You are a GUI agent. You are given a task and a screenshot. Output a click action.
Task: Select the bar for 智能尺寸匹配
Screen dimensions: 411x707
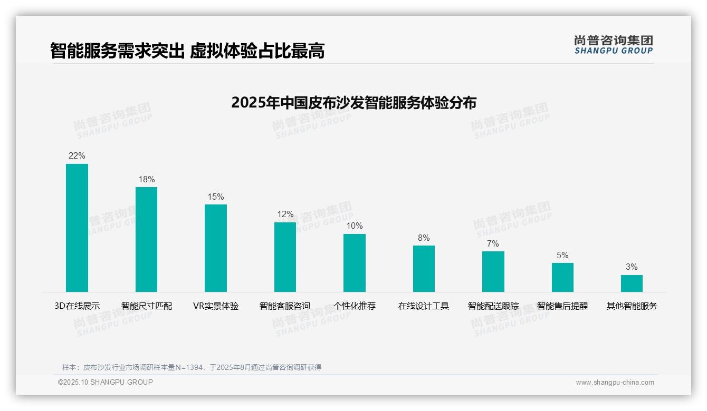(146, 239)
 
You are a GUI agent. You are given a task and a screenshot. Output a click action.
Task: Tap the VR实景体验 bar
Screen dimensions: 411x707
(216, 248)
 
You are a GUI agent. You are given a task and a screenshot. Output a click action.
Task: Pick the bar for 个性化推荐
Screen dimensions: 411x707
(355, 263)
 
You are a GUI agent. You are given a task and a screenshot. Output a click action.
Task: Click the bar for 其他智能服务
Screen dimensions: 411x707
(632, 283)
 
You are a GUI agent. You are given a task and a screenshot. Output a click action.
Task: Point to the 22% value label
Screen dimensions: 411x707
(77, 156)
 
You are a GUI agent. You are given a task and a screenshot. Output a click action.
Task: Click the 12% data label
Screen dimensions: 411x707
(285, 214)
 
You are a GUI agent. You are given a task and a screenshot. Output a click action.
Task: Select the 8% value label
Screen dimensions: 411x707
(424, 238)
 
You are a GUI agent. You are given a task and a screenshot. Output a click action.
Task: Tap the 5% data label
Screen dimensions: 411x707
(562, 256)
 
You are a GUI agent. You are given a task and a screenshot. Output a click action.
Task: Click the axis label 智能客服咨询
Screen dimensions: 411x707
(285, 306)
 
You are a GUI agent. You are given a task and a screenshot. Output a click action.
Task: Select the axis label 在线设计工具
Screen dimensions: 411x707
(424, 306)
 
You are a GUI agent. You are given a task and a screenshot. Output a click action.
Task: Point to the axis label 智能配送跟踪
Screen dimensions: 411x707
(493, 306)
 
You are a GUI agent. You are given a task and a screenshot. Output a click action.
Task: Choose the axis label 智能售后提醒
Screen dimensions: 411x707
(562, 306)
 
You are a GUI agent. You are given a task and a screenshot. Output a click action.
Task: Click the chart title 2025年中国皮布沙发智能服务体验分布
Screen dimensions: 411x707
(353, 103)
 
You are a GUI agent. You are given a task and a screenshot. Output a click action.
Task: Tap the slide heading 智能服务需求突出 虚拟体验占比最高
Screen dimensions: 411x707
(187, 51)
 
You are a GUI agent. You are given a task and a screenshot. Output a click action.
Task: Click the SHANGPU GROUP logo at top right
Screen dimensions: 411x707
(614, 45)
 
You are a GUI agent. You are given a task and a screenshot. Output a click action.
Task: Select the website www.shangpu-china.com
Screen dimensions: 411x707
(615, 383)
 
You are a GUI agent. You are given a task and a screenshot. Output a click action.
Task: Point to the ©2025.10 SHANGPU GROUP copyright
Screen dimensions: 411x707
(106, 383)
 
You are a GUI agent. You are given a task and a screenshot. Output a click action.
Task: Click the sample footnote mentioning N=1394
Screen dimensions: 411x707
(192, 367)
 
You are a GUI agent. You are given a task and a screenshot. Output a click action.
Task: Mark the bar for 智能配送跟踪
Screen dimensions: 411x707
(493, 271)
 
